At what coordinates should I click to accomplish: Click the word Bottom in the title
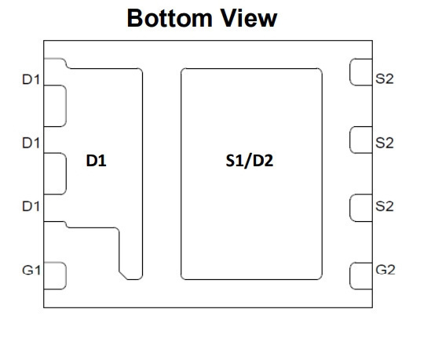point(170,18)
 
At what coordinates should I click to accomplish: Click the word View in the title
point(249,18)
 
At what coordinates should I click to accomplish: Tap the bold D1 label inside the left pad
point(96,161)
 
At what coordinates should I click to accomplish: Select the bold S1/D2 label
point(250,161)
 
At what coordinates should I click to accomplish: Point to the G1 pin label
point(31,271)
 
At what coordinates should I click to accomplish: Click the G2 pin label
point(385,270)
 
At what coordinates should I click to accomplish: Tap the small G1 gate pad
point(55,276)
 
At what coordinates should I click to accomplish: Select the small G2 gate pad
point(361,276)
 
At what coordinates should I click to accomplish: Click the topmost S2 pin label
point(385,79)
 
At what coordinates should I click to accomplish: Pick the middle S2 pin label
point(385,143)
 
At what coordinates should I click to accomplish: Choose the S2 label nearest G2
point(385,206)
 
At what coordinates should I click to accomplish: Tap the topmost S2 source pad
point(361,72)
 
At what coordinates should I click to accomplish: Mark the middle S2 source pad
point(361,140)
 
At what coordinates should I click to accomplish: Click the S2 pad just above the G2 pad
point(361,208)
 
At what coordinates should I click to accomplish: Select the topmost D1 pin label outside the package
point(31,80)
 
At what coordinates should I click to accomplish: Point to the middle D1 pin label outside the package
point(31,143)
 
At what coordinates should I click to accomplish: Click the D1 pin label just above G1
point(31,206)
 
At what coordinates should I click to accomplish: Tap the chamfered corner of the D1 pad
point(123,276)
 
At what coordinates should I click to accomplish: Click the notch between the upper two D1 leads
point(55,106)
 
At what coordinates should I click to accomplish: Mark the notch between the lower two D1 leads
point(55,173)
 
